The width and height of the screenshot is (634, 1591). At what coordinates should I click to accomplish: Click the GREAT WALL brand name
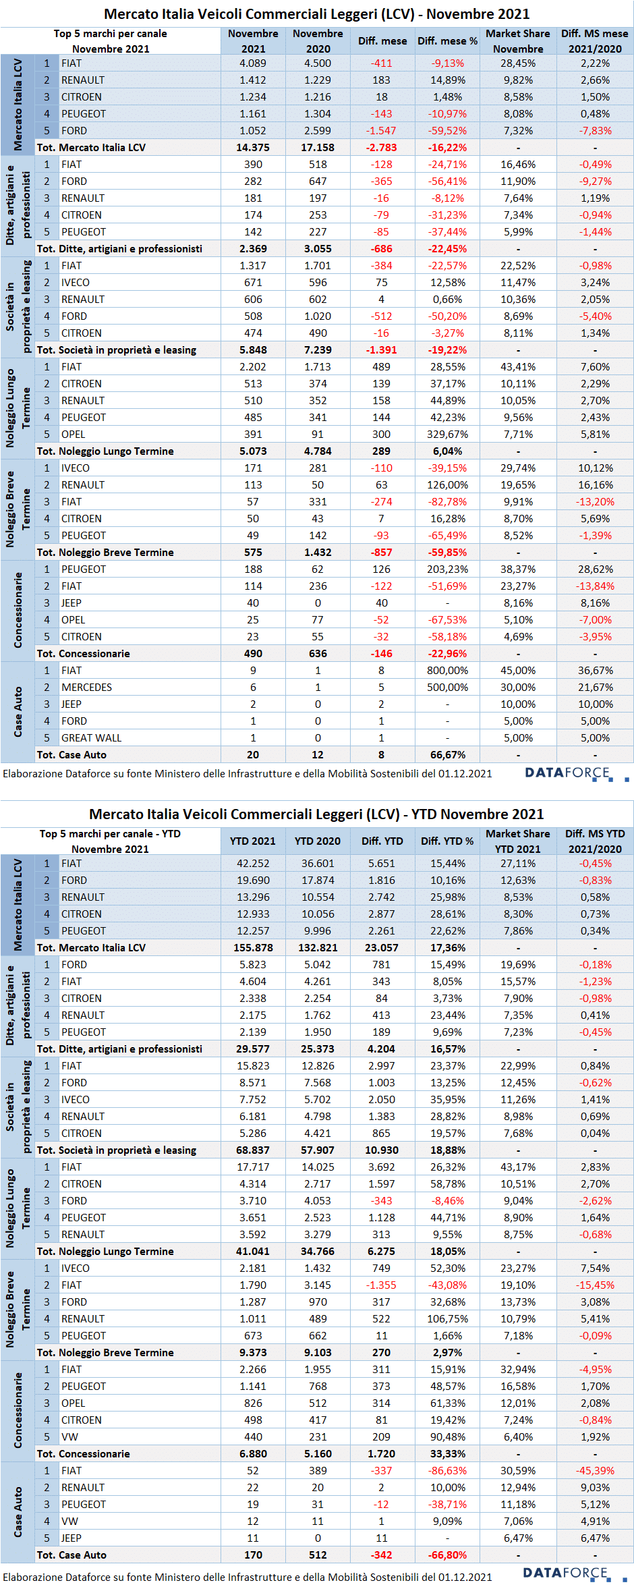click(91, 738)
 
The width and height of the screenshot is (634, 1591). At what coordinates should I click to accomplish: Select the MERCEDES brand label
click(86, 688)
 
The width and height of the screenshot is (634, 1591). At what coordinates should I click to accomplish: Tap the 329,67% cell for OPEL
click(447, 435)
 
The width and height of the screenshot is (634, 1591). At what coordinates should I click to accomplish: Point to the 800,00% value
click(447, 671)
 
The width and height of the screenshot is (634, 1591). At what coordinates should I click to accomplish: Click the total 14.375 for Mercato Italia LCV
click(253, 148)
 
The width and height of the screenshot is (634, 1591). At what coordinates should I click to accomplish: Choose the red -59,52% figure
click(447, 131)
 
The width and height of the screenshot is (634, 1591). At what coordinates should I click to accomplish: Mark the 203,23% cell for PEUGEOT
click(447, 569)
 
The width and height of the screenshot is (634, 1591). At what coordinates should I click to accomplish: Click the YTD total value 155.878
click(253, 948)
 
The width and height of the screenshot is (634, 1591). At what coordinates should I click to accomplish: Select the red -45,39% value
click(595, 1471)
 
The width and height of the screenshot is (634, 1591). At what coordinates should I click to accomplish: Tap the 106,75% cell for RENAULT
click(447, 1319)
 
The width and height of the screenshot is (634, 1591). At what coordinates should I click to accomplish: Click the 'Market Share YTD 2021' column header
click(518, 841)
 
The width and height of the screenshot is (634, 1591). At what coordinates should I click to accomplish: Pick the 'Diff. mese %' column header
click(447, 41)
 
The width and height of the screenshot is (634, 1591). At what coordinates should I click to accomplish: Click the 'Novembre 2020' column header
click(318, 41)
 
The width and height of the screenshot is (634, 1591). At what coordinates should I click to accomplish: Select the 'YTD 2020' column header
click(318, 841)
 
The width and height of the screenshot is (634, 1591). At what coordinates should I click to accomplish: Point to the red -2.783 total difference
click(382, 148)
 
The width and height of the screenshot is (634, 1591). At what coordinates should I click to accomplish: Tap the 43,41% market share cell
click(518, 367)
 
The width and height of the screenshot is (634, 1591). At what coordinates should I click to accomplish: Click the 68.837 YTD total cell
click(253, 1150)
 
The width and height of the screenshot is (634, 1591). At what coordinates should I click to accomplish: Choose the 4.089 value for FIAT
click(253, 63)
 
